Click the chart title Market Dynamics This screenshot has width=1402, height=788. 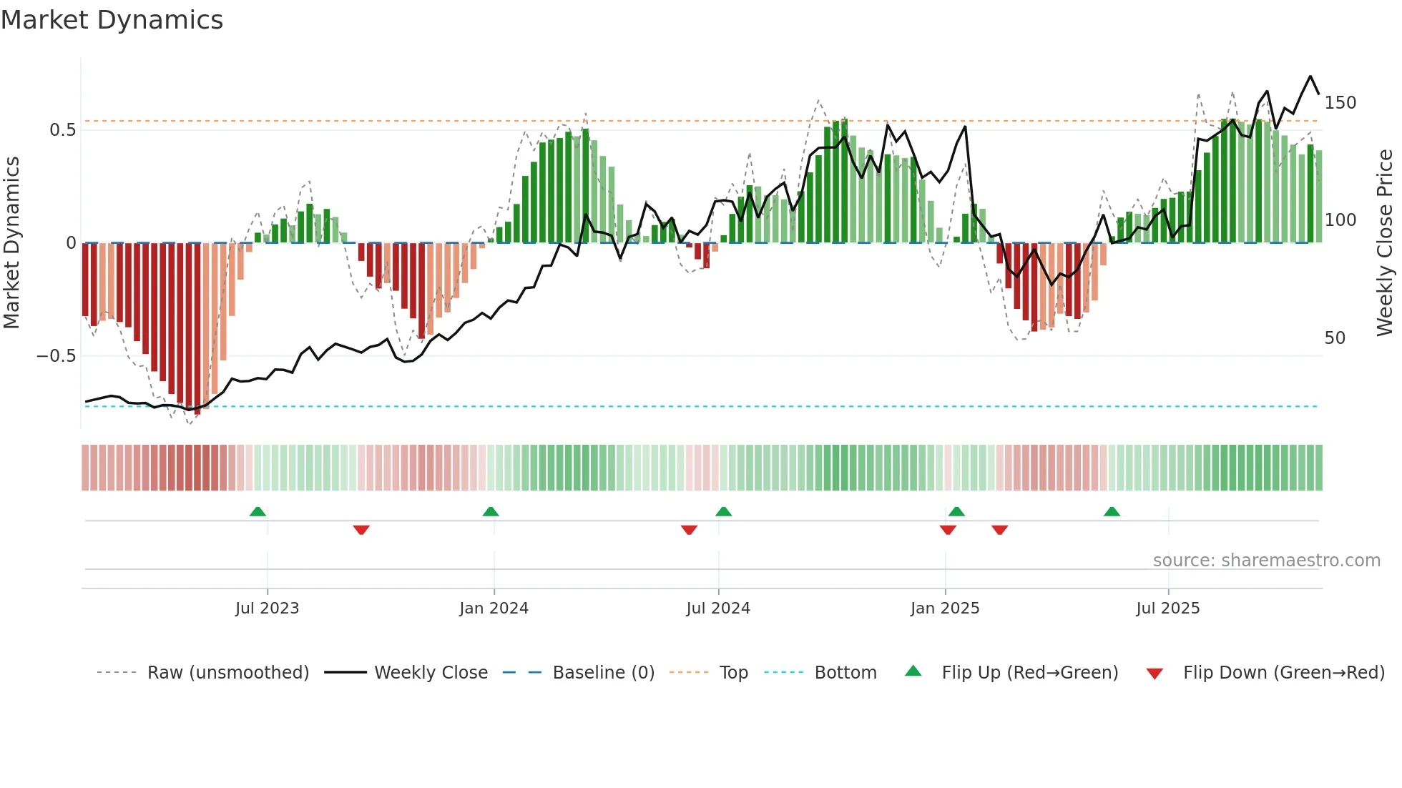112,20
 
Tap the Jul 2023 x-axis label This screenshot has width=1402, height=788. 267,609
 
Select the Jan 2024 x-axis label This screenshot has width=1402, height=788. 494,609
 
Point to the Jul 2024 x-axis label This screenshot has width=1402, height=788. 718,609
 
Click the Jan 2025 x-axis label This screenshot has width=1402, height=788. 945,609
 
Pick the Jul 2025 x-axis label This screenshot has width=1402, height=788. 1168,609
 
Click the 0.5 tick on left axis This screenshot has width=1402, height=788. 62,130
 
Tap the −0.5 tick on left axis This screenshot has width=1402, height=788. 56,356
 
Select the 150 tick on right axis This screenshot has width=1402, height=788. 1340,103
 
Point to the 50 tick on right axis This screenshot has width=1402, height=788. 1335,338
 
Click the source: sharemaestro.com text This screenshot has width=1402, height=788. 1266,561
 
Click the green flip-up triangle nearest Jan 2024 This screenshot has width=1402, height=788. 491,512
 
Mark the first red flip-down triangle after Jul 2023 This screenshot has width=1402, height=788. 361,529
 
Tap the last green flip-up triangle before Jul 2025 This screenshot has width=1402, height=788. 1112,512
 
